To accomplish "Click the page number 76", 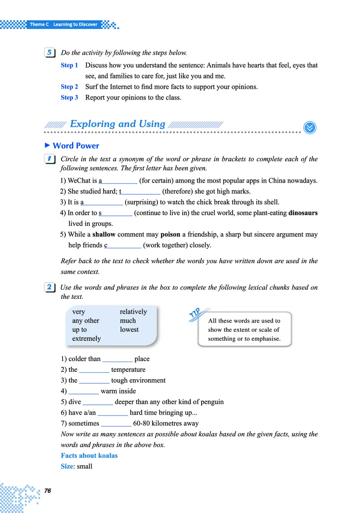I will [47, 491].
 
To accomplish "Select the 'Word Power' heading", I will [76, 146].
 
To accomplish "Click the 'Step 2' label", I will [69, 87].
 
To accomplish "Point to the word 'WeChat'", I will [79, 181].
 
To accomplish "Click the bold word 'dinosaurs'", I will [303, 213].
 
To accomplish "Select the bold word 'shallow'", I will [104, 234].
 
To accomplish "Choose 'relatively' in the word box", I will [133, 311].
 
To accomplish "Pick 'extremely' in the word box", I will [86, 338].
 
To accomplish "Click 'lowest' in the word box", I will [129, 330].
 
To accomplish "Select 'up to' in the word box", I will [80, 330].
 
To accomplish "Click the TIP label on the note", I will [199, 314].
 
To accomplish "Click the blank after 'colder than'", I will [117, 359].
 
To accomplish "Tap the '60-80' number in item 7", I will [143, 423].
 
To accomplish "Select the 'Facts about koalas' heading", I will [89, 455].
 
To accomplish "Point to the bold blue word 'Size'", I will [67, 466].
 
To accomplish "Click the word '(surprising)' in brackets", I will [143, 202].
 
